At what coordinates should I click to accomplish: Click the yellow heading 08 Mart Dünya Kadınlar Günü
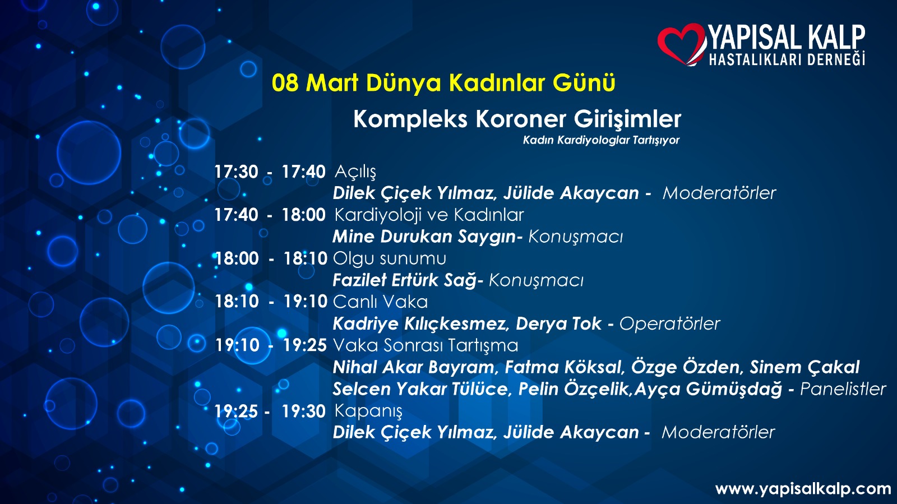pyautogui.click(x=443, y=84)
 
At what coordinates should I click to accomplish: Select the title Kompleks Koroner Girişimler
pyautogui.click(x=517, y=119)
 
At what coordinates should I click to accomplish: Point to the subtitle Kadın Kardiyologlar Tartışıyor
pyautogui.click(x=601, y=141)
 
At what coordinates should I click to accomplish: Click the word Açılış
pyautogui.click(x=355, y=172)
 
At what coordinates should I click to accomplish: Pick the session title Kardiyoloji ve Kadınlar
pyautogui.click(x=429, y=215)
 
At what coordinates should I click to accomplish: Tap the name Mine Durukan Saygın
pyautogui.click(x=424, y=237)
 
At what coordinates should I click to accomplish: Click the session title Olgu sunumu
pyautogui.click(x=390, y=258)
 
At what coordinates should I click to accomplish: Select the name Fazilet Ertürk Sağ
pyautogui.click(x=405, y=280)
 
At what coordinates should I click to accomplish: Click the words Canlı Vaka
pyautogui.click(x=381, y=302)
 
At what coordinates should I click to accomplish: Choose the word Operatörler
pyautogui.click(x=669, y=323)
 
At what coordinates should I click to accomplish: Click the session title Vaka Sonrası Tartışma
pyautogui.click(x=426, y=345)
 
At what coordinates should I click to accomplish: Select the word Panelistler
pyautogui.click(x=843, y=389)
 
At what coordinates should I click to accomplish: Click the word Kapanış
pyautogui.click(x=368, y=411)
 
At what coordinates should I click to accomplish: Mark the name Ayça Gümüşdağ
pyautogui.click(x=708, y=389)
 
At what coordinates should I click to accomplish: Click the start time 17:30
pyautogui.click(x=236, y=172)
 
